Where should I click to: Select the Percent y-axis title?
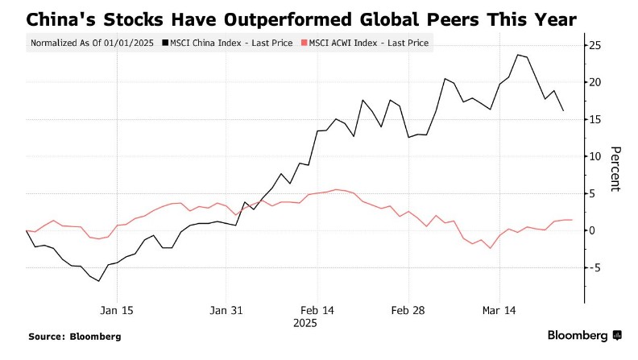pos(616,169)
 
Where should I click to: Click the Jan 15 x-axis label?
pos(117,310)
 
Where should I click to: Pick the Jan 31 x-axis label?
pos(226,310)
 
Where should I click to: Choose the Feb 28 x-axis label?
pos(408,310)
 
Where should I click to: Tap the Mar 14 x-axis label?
pos(499,310)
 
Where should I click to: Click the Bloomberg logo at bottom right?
pos(584,335)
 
